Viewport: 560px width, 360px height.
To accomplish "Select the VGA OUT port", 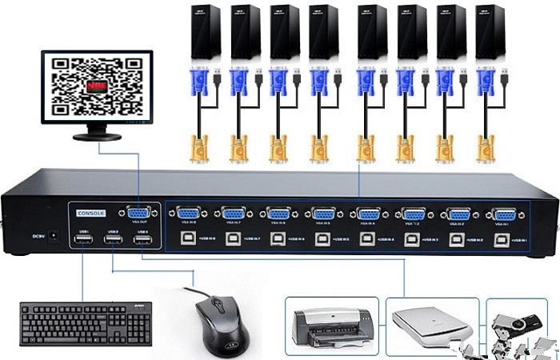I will (138, 214).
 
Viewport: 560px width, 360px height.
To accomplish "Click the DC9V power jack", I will (54, 236).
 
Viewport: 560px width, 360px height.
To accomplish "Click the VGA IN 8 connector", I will (188, 214).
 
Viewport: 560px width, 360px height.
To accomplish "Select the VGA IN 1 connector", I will (504, 214).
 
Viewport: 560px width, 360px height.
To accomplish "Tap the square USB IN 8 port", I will (185, 238).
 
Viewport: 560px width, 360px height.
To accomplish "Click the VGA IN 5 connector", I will (324, 214).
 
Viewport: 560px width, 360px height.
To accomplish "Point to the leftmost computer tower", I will (205, 31).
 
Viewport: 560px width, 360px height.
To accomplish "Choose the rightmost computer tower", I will (490, 31).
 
